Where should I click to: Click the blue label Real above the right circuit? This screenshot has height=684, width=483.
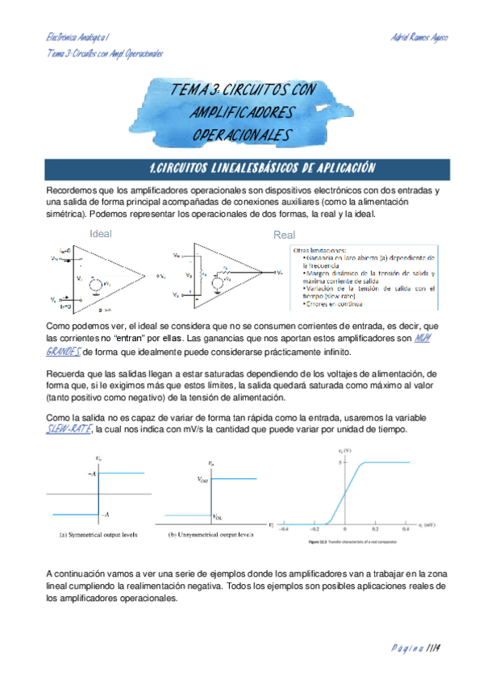(285, 236)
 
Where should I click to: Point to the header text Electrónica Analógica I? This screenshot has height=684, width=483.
(77, 38)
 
